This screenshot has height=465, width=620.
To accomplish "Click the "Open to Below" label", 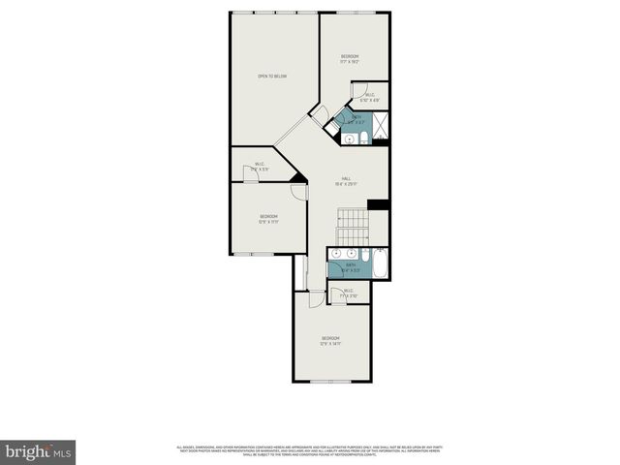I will click(x=272, y=77).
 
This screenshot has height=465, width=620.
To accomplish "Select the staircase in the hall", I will click(x=354, y=228).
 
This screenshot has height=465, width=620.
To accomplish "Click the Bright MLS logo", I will click(x=39, y=451).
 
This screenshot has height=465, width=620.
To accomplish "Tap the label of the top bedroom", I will click(x=350, y=58).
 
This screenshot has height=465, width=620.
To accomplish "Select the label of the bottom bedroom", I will click(x=330, y=340).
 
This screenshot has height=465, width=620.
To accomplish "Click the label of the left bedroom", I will click(x=268, y=218).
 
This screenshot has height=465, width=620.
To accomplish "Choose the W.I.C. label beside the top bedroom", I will click(x=369, y=97).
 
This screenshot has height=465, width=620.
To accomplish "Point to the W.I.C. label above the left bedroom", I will click(x=260, y=166).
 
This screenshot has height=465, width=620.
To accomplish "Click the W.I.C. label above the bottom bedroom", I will click(x=350, y=293).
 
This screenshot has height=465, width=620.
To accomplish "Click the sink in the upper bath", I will click(x=348, y=139).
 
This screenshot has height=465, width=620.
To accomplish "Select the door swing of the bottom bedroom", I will click(x=315, y=297).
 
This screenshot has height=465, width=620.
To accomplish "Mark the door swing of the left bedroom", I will click(x=300, y=190).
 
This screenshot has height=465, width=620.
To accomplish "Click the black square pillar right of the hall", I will click(x=379, y=204).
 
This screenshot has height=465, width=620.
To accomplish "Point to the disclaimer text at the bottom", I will click(x=309, y=449).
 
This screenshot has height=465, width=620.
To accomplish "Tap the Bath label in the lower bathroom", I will click(x=351, y=266).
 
